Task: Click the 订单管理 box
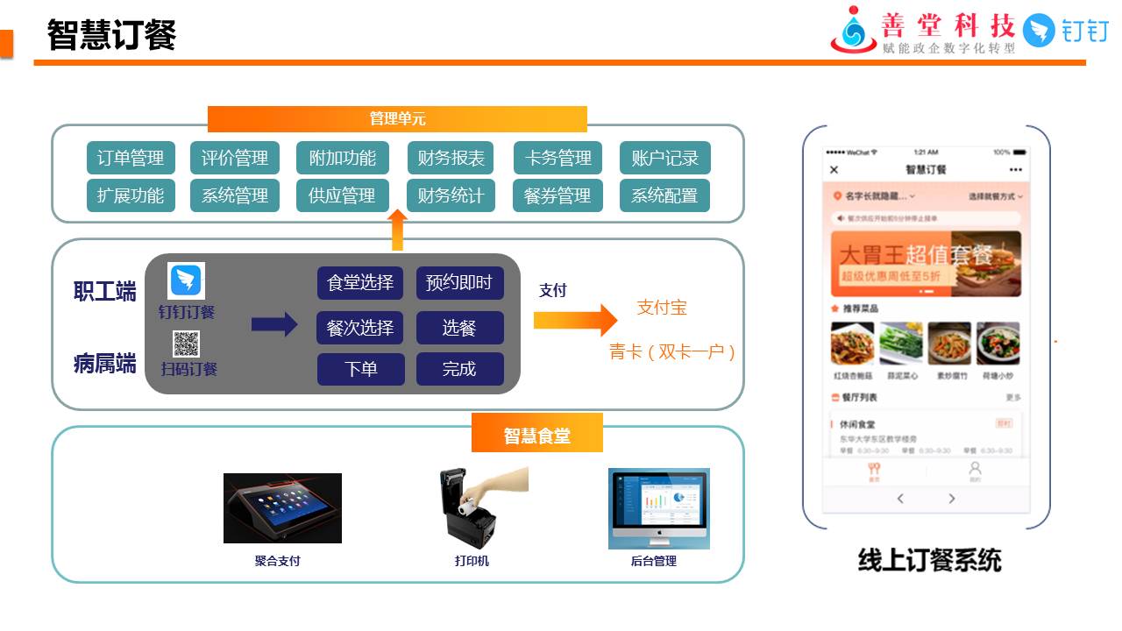pos(131,159)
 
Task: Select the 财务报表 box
pos(451,159)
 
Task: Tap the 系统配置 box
pos(664,195)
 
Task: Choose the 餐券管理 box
pos(557,195)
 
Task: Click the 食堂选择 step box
pos(360,283)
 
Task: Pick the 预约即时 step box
pos(459,283)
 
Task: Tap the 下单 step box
pos(360,369)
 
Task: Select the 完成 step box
pos(459,369)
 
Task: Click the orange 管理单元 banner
pos(397,119)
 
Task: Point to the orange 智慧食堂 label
pos(536,436)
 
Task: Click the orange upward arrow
pos(397,230)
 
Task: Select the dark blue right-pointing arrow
pos(274,324)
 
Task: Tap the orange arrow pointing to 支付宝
pos(575,320)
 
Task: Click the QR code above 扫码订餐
pos(186,344)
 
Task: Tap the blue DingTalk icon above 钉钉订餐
pos(186,280)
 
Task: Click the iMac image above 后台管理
pos(658,507)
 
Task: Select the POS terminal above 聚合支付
pos(282,508)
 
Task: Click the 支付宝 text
pos(662,308)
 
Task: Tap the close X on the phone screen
pos(834,170)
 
